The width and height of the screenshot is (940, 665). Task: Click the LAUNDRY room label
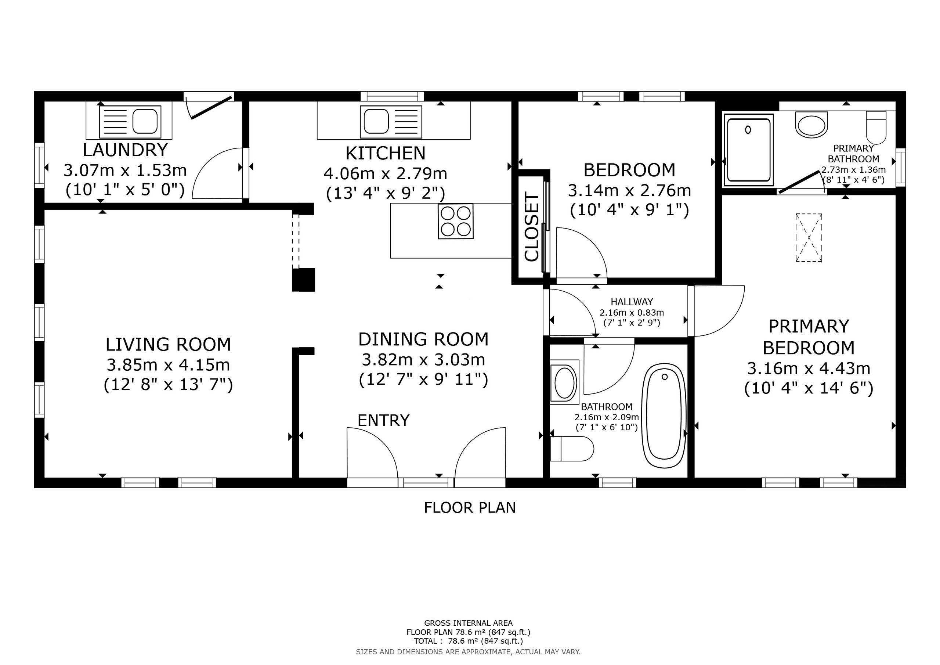[125, 150]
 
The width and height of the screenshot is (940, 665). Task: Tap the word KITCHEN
[385, 153]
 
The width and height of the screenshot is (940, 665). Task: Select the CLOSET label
[532, 228]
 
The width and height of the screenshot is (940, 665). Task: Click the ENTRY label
[383, 420]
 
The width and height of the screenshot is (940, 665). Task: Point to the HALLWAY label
[632, 302]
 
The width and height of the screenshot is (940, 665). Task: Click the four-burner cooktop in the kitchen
[455, 221]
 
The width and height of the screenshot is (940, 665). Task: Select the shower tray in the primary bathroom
[748, 148]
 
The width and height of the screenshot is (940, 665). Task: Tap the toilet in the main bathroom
[572, 449]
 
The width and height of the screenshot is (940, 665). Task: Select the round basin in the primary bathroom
[811, 125]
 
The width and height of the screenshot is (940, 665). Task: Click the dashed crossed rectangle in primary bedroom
[809, 238]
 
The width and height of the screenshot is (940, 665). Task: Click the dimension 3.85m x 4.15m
[168, 365]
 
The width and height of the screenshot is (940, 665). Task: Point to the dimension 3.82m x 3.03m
[423, 360]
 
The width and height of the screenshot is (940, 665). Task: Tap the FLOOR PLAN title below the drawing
[470, 508]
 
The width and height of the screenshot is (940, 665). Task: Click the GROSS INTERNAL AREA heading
[469, 623]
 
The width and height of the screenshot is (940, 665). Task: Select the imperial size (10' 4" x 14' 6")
[809, 388]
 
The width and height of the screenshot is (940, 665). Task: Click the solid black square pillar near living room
[303, 280]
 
